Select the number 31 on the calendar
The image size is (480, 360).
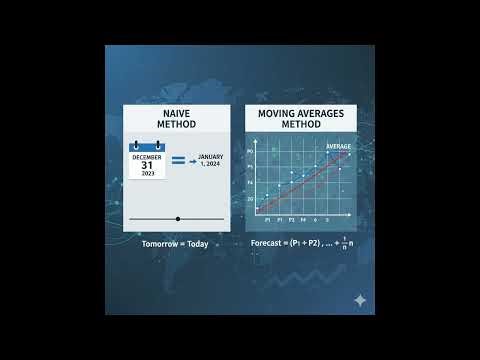(148, 165)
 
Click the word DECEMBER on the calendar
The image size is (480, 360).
(148, 156)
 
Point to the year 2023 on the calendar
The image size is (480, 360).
(148, 174)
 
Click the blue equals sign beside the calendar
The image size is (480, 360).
(179, 160)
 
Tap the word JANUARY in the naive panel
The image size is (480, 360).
(209, 157)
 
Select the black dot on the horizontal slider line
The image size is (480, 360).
(177, 218)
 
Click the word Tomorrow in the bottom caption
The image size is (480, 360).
(160, 243)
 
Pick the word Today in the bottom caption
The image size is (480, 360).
(196, 243)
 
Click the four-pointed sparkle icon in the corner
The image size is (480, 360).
(359, 300)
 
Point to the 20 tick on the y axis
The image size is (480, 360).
(252, 199)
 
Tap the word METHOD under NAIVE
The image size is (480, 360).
(177, 125)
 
